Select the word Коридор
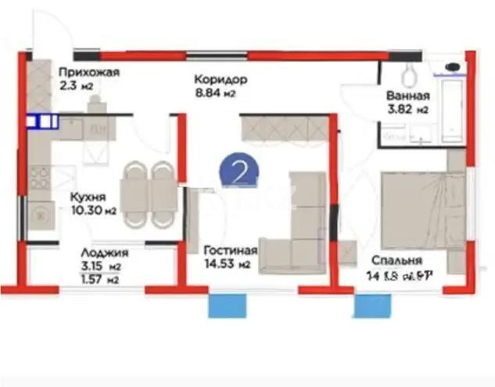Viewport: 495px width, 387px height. pos(221,80)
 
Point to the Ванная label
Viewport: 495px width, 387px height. pos(407,97)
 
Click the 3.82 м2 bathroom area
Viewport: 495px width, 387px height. pos(407,110)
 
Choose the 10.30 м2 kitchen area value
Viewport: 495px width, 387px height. pos(92,211)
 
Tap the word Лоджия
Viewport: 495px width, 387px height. pos(105,253)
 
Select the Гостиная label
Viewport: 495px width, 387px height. pos(230,251)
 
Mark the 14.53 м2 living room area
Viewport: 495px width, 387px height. pos(227,265)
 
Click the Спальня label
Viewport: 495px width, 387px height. pos(397,261)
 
